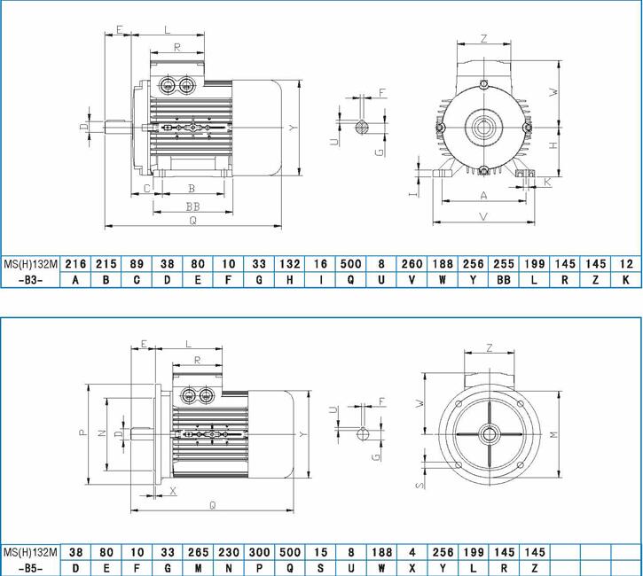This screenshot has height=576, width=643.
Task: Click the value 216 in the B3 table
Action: pos(76,264)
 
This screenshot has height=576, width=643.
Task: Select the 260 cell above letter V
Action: pos(412,264)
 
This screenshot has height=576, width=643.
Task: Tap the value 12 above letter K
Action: pos(626,264)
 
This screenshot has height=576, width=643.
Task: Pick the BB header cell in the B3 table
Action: pos(504,280)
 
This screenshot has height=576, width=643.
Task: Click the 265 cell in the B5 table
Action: pos(199,552)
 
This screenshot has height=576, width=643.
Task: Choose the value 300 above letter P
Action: pos(259,552)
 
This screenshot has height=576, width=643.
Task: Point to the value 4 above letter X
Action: pos(412,552)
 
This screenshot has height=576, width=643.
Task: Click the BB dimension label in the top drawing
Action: pos(192,206)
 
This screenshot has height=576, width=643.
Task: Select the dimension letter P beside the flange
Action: pos(83,432)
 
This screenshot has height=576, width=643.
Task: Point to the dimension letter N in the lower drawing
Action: pos(102,432)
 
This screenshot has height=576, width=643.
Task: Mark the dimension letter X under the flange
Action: pos(173,491)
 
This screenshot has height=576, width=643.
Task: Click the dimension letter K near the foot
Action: pos(548,182)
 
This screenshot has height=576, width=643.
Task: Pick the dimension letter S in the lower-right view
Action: pos(420,486)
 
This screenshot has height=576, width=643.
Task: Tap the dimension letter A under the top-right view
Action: pos(484,196)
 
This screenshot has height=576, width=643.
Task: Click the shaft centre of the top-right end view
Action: pos(484,128)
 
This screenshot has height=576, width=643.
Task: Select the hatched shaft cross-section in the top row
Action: pos(362,128)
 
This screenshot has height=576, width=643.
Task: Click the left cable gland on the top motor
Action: pos(167,86)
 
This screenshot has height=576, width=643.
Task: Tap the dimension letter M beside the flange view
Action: pos(553,435)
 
